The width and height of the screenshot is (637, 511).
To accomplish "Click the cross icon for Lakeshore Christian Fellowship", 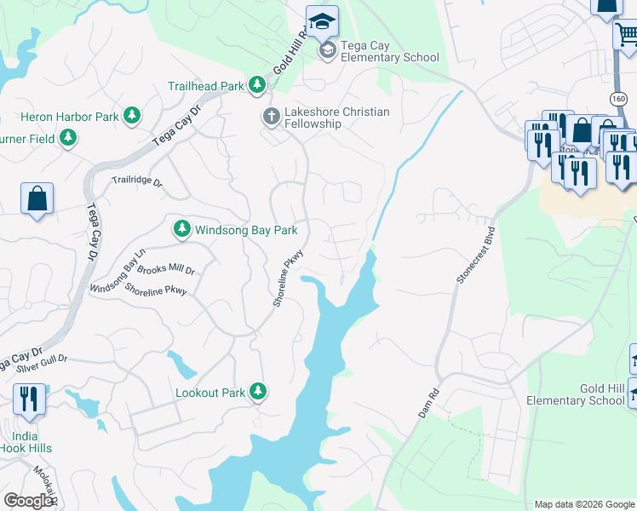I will tap(272, 117).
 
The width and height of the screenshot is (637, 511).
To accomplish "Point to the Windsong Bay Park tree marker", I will tap(181, 229).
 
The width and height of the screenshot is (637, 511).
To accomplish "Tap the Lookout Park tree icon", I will tap(258, 393).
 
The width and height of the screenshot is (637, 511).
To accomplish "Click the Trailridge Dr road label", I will tap(136, 181).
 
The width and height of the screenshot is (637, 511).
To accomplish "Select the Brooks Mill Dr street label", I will tap(166, 270).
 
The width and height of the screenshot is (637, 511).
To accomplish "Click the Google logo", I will tap(28, 501).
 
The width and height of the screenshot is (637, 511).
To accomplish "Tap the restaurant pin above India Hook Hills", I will tap(30, 399).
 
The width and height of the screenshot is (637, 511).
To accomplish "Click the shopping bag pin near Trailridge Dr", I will tap(37, 199).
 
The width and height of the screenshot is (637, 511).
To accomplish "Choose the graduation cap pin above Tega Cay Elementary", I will tap(323, 22).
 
